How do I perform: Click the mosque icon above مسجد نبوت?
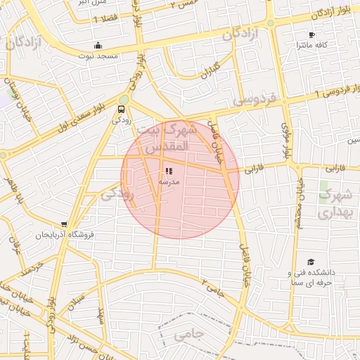[98, 46]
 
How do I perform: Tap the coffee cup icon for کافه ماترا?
[311, 34]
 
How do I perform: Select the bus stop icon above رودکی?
[122, 110]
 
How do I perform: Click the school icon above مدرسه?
[168, 171]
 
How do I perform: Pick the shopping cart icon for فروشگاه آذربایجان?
[65, 225]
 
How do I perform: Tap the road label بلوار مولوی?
[286, 140]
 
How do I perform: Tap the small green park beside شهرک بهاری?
[325, 190]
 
